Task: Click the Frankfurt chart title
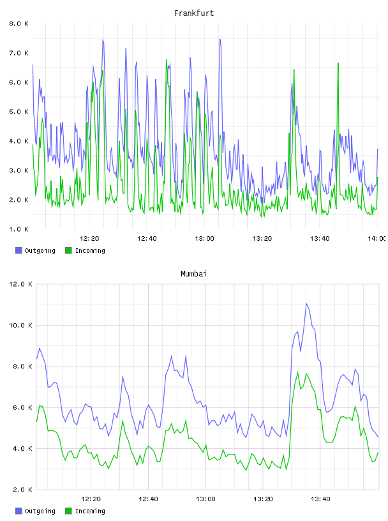point(194,13)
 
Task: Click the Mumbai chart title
point(193,273)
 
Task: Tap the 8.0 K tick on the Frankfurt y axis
point(19,24)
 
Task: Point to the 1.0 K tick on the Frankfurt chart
point(19,229)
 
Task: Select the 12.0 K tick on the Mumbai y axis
point(20,284)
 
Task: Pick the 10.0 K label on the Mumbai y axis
point(20,325)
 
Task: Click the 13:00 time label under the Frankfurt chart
point(204,238)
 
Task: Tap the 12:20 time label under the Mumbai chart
point(91,499)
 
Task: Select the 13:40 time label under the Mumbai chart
point(320,499)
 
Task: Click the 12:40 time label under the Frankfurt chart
point(147,238)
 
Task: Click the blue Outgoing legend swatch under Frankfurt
point(19,250)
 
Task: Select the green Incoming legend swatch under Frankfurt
point(68,250)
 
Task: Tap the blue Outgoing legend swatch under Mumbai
point(19,511)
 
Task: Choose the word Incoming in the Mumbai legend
point(90,511)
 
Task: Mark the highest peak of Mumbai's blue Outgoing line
point(306,303)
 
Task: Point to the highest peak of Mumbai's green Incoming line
point(297,372)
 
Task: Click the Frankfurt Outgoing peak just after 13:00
point(220,39)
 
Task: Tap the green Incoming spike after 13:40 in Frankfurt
point(338,63)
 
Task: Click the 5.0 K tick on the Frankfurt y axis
point(19,112)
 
